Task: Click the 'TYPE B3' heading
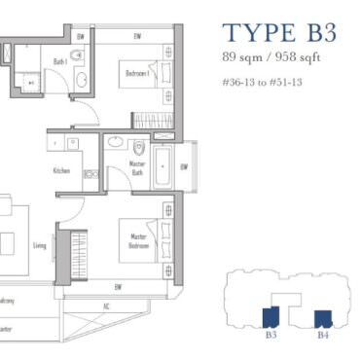click(x=278, y=31)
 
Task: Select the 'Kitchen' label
click(x=62, y=171)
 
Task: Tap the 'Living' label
click(x=40, y=245)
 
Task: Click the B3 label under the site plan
click(x=270, y=334)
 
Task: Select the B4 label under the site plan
click(x=322, y=334)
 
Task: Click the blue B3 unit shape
click(x=270, y=316)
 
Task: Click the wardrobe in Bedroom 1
click(x=152, y=121)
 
